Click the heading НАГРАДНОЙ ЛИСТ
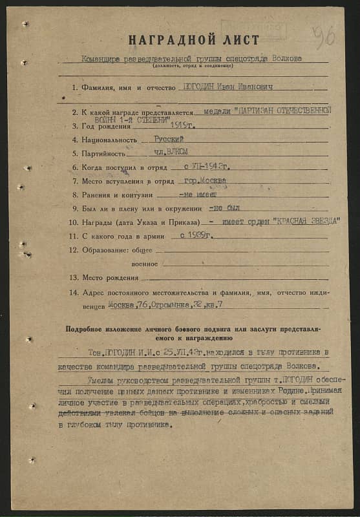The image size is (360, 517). (x=194, y=40)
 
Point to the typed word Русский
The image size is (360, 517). (x=169, y=139)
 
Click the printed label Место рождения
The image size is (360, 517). (x=110, y=277)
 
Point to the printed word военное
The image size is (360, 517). (x=145, y=264)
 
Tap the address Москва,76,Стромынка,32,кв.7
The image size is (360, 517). (x=165, y=304)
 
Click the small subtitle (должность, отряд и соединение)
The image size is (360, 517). (x=193, y=66)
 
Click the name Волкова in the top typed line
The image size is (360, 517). (x=284, y=58)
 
